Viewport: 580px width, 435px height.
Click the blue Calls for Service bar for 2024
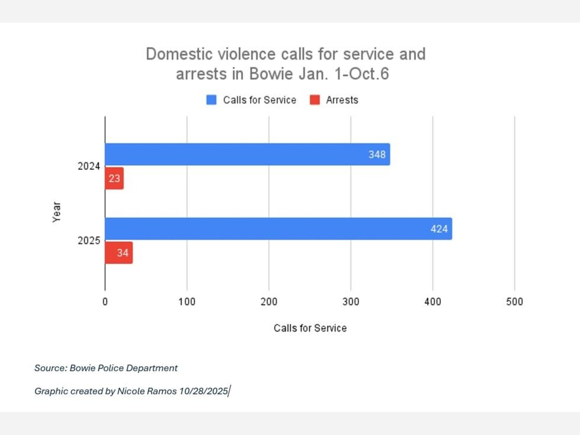click(246, 155)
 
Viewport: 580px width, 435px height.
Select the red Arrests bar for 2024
click(114, 178)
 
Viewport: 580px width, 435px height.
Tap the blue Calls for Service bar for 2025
click(278, 229)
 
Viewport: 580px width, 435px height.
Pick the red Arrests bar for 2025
click(118, 253)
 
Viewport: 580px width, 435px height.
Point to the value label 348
click(377, 155)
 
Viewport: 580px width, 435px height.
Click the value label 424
click(439, 229)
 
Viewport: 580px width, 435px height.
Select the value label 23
click(115, 178)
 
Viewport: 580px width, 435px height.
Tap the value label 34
click(122, 253)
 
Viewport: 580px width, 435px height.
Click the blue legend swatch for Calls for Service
click(212, 100)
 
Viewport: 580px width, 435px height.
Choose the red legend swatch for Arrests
click(315, 100)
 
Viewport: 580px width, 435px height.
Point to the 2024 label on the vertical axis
click(88, 166)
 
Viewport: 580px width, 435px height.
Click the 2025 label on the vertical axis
click(88, 240)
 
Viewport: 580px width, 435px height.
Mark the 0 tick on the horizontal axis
click(105, 302)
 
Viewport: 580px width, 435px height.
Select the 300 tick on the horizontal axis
click(351, 302)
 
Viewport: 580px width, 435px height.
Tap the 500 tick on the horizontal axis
click(515, 302)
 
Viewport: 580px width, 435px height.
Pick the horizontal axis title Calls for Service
click(310, 328)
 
